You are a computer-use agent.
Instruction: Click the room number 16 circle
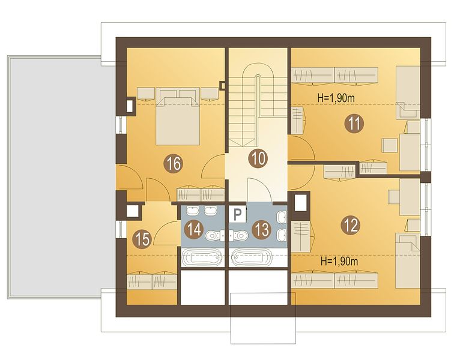[x=174, y=164]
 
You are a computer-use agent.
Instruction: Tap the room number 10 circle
[x=258, y=158]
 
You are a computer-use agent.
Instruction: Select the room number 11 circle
[x=354, y=124]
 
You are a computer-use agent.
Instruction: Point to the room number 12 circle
[x=351, y=225]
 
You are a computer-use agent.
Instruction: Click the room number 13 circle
[x=262, y=229]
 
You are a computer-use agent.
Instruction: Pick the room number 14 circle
[x=194, y=229]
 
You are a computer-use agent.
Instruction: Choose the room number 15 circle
[x=142, y=239]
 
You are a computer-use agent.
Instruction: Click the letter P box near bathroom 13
[x=237, y=215]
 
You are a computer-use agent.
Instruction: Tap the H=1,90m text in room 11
[x=336, y=98]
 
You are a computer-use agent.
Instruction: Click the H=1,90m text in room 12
[x=339, y=261]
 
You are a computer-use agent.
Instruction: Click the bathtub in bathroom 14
[x=202, y=257]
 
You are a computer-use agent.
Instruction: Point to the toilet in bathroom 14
[x=213, y=235]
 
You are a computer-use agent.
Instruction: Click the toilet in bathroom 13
[x=240, y=235]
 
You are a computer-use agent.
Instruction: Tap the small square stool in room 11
[x=390, y=145]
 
